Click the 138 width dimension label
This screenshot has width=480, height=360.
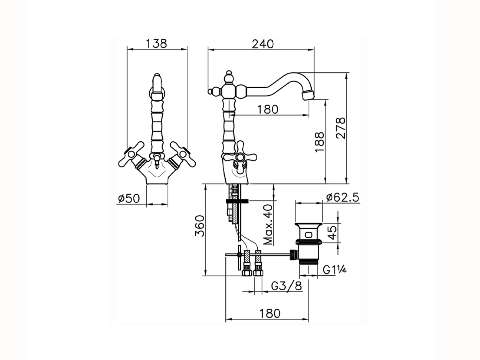(x=156, y=43)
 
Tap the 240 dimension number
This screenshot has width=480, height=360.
(x=263, y=44)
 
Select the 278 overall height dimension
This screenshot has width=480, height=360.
(x=341, y=128)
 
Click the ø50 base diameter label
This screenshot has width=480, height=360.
(x=129, y=198)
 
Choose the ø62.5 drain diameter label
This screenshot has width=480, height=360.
(x=343, y=198)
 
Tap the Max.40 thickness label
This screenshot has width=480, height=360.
(x=268, y=225)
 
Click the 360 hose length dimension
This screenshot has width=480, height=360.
(x=199, y=226)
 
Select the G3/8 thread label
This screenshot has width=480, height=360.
(x=286, y=286)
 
